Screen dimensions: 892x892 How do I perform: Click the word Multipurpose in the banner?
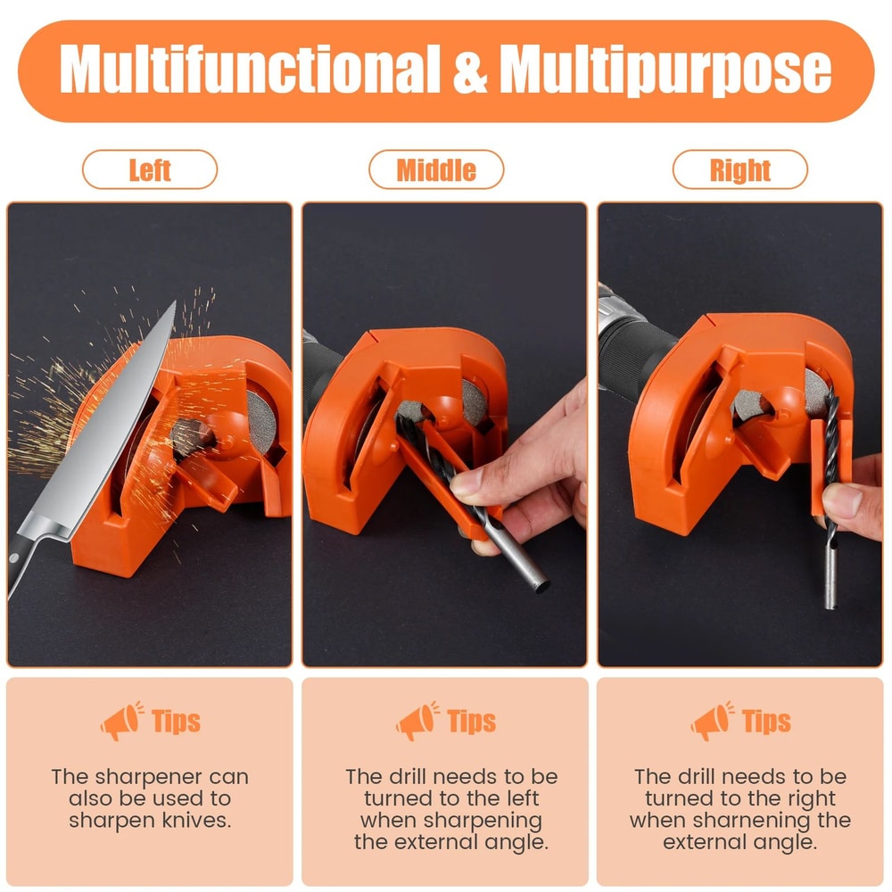(665, 70)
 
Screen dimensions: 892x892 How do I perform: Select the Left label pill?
(150, 169)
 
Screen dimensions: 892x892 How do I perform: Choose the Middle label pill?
(436, 169)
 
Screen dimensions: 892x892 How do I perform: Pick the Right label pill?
(739, 169)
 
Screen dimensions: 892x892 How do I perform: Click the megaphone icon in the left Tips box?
(120, 721)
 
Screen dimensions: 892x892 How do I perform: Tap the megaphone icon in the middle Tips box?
(417, 721)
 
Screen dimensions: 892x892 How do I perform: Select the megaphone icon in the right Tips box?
(712, 721)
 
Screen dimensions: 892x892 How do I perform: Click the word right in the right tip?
(811, 798)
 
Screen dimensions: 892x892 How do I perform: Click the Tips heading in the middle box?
(471, 722)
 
